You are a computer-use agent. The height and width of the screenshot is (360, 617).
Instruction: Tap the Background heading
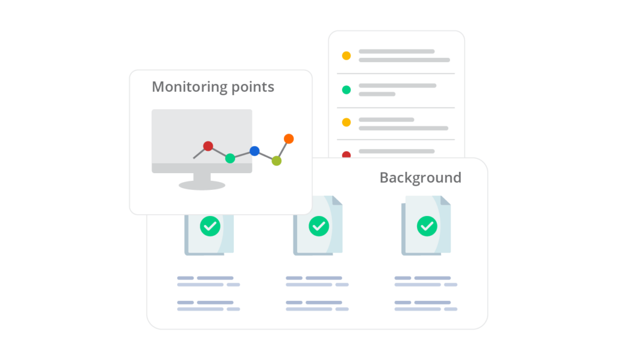point(420,178)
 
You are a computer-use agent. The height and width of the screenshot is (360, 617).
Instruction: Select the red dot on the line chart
point(208,146)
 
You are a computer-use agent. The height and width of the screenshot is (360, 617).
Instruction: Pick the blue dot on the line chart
point(254,151)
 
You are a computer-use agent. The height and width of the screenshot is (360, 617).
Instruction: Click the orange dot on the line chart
point(289,139)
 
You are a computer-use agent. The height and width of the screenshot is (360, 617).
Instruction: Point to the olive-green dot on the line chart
point(276,161)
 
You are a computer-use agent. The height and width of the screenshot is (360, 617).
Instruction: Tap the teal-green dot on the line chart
point(230,159)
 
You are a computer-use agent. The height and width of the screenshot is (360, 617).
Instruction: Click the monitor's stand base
point(202,185)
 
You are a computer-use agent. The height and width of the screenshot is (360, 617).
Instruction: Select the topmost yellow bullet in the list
point(346,55)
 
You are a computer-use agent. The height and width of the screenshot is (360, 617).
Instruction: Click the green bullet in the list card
point(346,90)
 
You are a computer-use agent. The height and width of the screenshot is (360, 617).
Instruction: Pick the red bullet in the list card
point(346,154)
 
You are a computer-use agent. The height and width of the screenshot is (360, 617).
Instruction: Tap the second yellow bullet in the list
point(346,122)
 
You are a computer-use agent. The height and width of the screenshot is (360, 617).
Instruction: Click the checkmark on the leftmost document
point(210,226)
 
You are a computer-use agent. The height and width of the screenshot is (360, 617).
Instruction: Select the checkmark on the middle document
point(319,226)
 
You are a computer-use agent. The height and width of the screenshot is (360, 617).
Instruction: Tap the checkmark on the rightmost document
point(427,226)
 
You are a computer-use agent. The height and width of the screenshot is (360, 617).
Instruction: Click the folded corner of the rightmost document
point(445,201)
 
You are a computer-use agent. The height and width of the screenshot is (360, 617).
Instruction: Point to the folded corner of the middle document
point(336,201)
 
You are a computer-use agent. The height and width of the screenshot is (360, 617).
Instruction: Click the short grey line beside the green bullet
point(377,94)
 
